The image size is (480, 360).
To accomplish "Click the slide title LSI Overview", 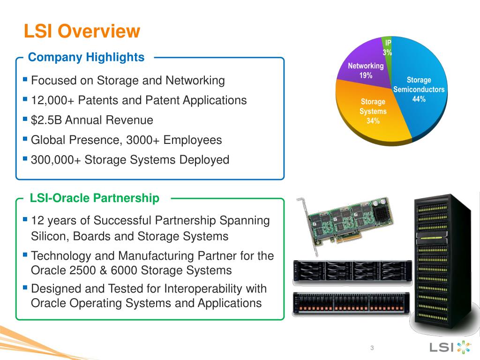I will pos(82,31).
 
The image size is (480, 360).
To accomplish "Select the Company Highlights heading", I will pos(86,57).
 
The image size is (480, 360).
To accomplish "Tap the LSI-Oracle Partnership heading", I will pos(94,198).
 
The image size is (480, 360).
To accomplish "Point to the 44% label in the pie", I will pos(419,99).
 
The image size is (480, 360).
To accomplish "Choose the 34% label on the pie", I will pos(373,121).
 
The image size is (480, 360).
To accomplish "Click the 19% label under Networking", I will pos(366,75).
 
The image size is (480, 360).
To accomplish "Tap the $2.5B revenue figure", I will pos(46,120).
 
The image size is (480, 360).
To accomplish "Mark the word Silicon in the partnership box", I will pos(49,236).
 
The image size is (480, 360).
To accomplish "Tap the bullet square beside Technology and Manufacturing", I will pos(25,255).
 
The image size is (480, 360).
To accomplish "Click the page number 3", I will pos(372,348).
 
